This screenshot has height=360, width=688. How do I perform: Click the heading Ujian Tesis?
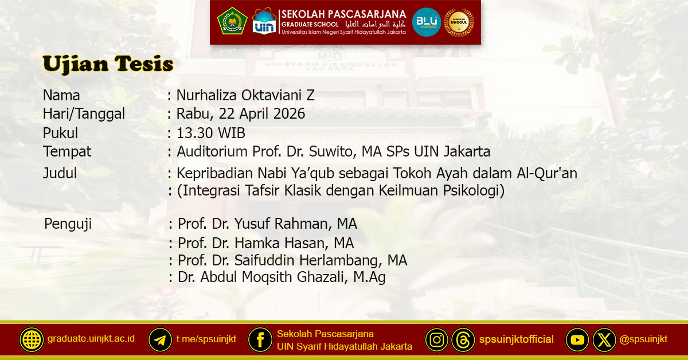point(108,64)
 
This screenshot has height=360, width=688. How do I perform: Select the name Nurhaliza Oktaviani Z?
point(245,96)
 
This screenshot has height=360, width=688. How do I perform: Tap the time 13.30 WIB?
point(211,133)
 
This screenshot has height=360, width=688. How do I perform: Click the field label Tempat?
point(67,152)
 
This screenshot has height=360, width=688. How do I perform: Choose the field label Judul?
point(60,173)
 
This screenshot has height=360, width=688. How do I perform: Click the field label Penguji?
point(68,224)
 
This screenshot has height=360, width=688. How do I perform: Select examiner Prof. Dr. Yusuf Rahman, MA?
point(267,224)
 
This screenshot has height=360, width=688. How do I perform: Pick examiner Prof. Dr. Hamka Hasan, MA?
point(265,243)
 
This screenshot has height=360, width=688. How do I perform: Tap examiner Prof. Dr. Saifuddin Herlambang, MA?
point(292,260)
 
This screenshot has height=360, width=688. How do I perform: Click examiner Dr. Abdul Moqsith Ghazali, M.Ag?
point(282,278)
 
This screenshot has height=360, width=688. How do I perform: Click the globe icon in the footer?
point(32,340)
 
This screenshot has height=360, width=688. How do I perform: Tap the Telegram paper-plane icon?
point(161,340)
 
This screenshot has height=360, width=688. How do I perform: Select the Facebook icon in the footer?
point(260,340)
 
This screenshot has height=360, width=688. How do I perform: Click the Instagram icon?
point(437,340)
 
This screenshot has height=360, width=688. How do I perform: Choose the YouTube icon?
point(578,340)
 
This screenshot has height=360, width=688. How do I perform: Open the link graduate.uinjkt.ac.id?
point(91,338)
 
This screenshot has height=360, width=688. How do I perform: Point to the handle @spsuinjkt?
point(643,339)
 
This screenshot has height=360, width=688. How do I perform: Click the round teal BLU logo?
point(427,22)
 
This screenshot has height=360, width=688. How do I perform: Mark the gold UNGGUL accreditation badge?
point(459,22)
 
